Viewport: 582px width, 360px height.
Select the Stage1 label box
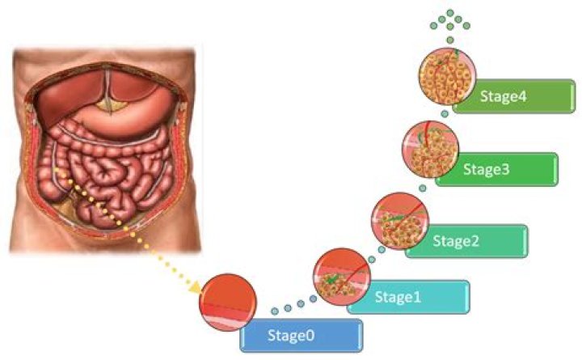408,296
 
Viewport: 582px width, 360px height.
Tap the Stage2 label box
467,240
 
